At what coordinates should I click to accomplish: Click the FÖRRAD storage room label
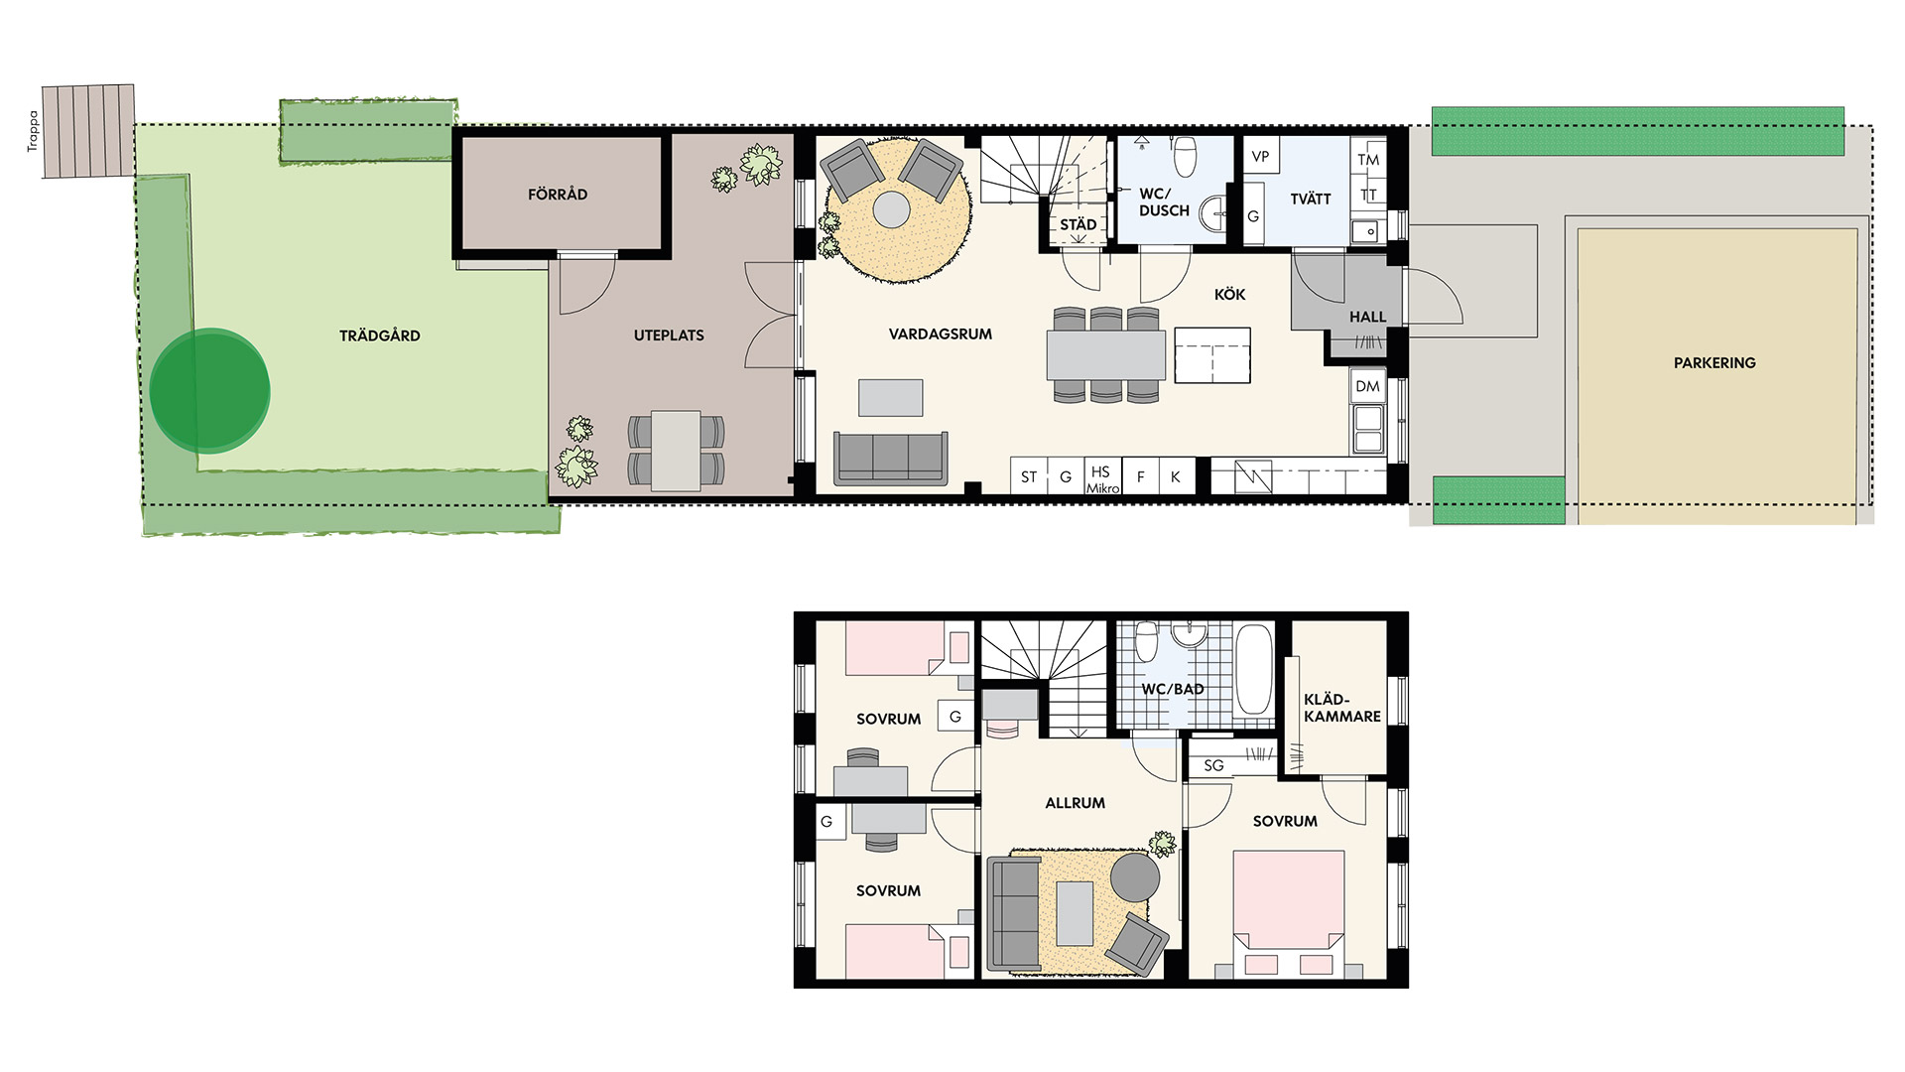pyautogui.click(x=558, y=194)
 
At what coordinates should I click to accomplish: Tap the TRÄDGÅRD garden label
pyautogui.click(x=380, y=335)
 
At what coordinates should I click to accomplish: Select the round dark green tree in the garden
pyautogui.click(x=209, y=391)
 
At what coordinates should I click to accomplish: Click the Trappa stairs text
pyautogui.click(x=33, y=131)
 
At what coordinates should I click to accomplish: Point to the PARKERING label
pyautogui.click(x=1714, y=363)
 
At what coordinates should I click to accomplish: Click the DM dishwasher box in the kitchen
pyautogui.click(x=1367, y=386)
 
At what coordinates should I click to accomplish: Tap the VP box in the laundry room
pyautogui.click(x=1260, y=156)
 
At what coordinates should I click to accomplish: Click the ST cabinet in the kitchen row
pyautogui.click(x=1029, y=476)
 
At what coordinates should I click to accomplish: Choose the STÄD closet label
pyautogui.click(x=1079, y=224)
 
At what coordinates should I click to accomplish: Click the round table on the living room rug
pyautogui.click(x=891, y=209)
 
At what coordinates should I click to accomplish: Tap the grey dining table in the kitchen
pyautogui.click(x=1106, y=355)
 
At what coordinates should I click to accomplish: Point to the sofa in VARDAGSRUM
pyautogui.click(x=891, y=459)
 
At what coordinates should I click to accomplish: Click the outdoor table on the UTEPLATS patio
pyautogui.click(x=676, y=451)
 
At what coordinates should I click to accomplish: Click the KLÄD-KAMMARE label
pyautogui.click(x=1341, y=708)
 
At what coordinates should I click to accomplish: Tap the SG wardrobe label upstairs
pyautogui.click(x=1213, y=765)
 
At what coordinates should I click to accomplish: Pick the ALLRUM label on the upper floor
pyautogui.click(x=1075, y=803)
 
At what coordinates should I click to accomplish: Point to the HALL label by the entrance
pyautogui.click(x=1367, y=317)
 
